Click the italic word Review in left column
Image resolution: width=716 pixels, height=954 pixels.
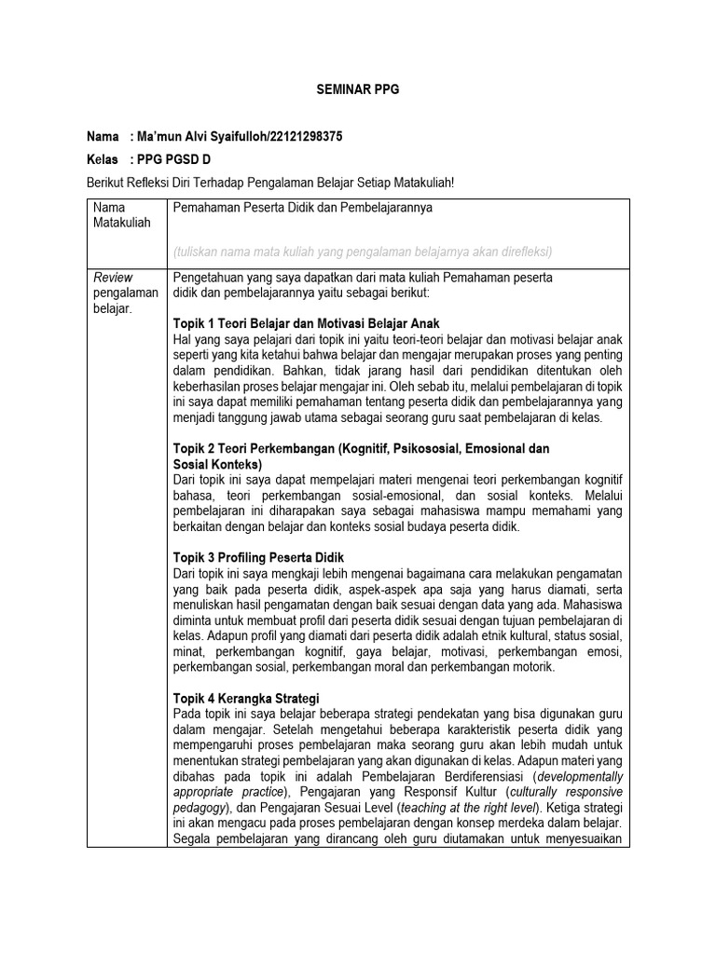tap(113, 277)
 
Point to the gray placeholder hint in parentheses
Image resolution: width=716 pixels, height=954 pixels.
tap(363, 252)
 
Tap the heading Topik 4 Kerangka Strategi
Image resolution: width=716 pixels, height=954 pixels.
tap(246, 699)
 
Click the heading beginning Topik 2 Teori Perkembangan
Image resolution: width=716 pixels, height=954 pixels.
tap(362, 448)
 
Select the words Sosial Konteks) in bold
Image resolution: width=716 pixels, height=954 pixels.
tap(218, 463)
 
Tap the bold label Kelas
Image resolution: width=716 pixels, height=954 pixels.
tap(102, 158)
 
